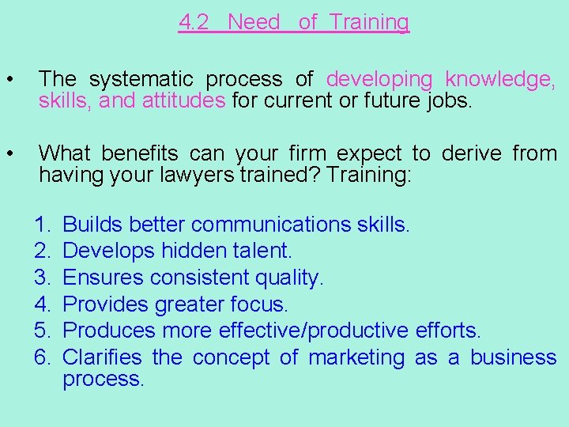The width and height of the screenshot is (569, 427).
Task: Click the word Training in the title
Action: [369, 22]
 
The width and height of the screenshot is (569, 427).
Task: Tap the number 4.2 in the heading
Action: [194, 22]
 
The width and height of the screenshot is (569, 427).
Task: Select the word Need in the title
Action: [254, 22]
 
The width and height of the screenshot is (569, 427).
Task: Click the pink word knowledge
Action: [500, 79]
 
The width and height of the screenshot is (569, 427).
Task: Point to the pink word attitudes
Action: [184, 100]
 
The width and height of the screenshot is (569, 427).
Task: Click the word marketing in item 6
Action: [356, 357]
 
